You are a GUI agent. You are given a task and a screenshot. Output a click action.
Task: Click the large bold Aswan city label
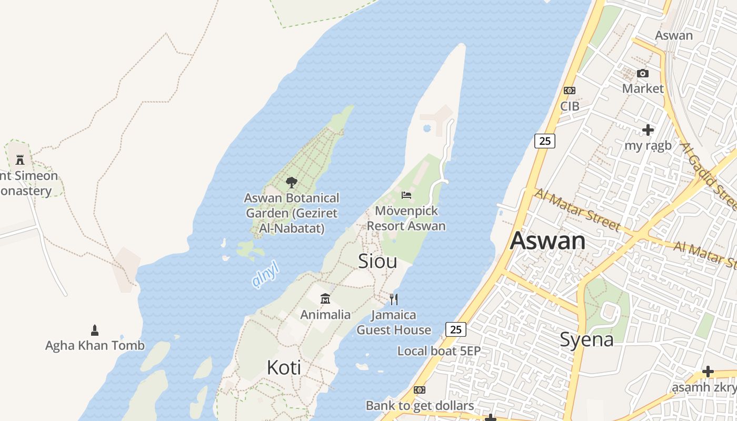coord(547,241)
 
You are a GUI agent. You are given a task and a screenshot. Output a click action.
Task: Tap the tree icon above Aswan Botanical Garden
coord(291,183)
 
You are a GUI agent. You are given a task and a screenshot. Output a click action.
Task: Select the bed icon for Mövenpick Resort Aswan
coord(406,195)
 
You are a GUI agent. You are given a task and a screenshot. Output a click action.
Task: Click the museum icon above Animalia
coord(325,299)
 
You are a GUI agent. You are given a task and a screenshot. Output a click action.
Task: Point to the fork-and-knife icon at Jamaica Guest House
coord(394,299)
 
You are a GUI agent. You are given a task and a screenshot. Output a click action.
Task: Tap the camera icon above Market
coord(643,73)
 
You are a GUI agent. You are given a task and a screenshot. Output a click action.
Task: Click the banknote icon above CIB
coord(569,91)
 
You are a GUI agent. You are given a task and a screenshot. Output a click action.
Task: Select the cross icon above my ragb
coord(648,129)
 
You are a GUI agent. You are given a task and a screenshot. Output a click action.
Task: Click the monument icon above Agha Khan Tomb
coord(95,330)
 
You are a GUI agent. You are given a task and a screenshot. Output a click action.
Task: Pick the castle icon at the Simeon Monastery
coord(20,159)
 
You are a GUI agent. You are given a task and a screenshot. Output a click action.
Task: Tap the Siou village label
coord(377,262)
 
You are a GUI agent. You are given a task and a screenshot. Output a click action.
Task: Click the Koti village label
coord(284,367)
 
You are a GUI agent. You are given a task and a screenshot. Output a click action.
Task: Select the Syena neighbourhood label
coord(586,339)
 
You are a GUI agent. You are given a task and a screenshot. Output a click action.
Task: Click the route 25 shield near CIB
coord(545,141)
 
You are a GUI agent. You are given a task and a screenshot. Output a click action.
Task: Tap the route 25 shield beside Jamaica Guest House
coord(456,329)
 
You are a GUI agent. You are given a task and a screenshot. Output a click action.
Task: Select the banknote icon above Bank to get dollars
coord(419,390)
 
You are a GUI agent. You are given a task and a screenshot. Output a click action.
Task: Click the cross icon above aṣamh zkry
coord(708,372)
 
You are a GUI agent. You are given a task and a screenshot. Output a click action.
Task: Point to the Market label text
coord(643,88)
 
